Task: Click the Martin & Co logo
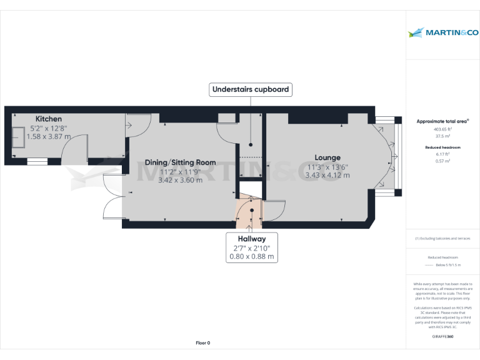(442, 32)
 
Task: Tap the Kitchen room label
(49, 119)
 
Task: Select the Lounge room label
(327, 157)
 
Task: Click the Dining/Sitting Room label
(180, 162)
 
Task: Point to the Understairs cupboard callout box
(251, 89)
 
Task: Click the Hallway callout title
(251, 239)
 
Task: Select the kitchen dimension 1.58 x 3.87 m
(49, 136)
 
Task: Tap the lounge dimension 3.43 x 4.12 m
(327, 175)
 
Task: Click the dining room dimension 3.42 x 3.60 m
(180, 180)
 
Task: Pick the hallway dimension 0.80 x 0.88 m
(251, 256)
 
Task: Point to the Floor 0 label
(203, 343)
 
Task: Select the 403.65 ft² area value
(442, 129)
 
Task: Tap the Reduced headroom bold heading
(442, 147)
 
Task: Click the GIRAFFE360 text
(442, 337)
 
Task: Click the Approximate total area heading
(442, 121)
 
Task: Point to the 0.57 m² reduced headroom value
(442, 161)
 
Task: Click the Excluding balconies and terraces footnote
(442, 239)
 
